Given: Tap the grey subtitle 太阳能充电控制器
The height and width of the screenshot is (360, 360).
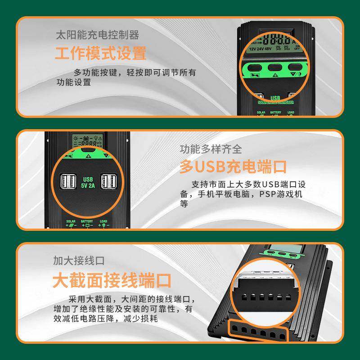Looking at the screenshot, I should click(97, 35).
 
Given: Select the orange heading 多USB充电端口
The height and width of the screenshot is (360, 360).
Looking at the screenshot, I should click(233, 166).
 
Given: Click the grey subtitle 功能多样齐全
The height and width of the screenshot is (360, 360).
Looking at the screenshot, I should click(211, 149).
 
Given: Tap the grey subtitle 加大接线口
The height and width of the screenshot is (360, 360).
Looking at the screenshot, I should click(78, 261).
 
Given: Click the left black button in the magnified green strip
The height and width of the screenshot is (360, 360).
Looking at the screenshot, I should click(255, 67).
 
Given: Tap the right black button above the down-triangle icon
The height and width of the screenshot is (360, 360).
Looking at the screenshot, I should click(295, 67).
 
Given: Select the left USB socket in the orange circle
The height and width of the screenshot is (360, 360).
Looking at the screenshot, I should click(68, 181).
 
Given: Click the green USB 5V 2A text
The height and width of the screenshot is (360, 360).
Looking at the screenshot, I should click(88, 181).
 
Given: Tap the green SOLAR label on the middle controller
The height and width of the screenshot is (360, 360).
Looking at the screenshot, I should click(71, 221).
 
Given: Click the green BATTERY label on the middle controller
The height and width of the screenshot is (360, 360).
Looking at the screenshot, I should click(87, 221).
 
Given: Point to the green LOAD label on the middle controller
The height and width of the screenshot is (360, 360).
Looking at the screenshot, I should click(103, 221).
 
